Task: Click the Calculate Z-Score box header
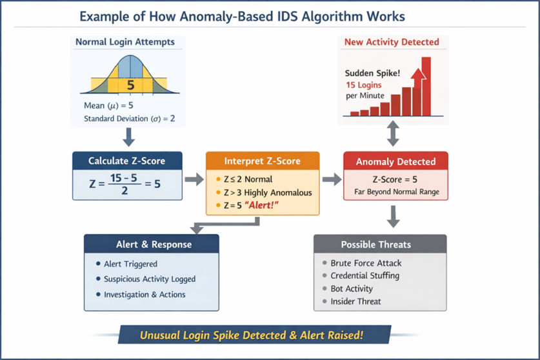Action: [x=127, y=161]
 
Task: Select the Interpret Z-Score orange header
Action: [x=263, y=161]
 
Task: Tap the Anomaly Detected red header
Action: [x=395, y=161]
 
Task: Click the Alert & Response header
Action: [x=152, y=245]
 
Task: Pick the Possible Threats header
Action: [x=380, y=245]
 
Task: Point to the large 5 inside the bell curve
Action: [x=130, y=85]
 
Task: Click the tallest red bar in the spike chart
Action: [x=426, y=86]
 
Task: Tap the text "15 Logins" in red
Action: [x=364, y=85]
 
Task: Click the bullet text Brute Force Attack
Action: [x=366, y=263]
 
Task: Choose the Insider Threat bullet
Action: [x=355, y=301]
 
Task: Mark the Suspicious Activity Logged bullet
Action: [x=150, y=279]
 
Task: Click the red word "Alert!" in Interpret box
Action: [x=261, y=205]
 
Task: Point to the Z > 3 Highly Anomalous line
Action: [x=268, y=192]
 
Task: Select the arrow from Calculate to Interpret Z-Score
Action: [x=194, y=179]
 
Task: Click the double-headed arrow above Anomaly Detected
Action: [x=393, y=134]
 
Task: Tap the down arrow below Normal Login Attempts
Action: [x=129, y=137]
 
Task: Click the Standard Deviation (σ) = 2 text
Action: [x=130, y=119]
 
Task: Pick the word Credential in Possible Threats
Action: [x=348, y=275]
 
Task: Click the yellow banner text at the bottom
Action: [x=252, y=335]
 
